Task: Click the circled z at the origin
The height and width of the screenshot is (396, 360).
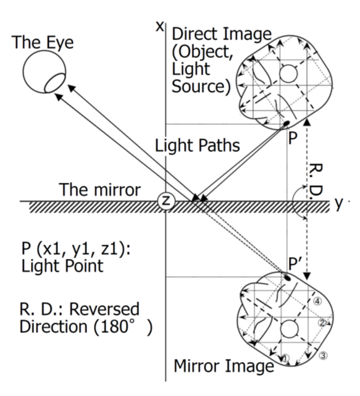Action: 166,201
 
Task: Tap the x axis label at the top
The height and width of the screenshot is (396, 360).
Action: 159,27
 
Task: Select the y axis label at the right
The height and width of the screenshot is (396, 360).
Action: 339,203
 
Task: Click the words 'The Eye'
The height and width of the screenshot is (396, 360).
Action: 43,42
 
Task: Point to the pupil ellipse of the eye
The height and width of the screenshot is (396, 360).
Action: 54,83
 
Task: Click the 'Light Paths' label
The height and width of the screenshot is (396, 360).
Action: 197,146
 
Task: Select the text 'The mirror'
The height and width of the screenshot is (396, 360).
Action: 99,190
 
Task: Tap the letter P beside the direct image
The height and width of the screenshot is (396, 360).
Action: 293,138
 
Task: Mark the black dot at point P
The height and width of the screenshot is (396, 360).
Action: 287,124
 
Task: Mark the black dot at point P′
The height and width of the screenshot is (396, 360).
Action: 287,278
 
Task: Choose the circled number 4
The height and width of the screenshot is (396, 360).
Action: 317,301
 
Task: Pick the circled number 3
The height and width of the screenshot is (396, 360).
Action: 324,356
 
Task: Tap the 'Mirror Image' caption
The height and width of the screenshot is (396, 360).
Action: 224,366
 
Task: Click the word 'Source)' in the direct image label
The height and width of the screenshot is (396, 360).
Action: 201,86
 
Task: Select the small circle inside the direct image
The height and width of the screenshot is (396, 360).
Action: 288,74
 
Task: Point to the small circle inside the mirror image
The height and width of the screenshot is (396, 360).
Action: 290,329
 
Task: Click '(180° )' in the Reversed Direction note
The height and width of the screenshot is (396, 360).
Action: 123,327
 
